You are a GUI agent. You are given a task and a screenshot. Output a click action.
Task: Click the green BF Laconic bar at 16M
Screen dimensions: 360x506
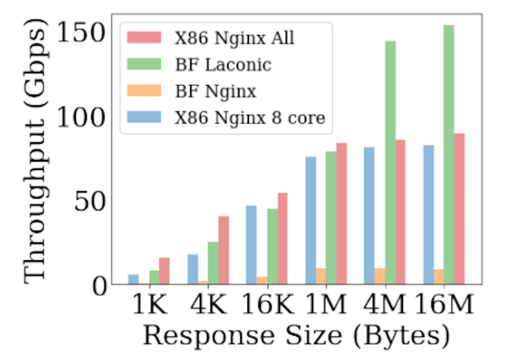(449, 154)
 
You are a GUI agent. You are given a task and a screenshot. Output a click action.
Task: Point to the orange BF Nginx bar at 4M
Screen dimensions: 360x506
(379, 276)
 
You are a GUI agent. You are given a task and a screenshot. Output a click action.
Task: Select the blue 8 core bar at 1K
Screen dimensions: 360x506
(134, 279)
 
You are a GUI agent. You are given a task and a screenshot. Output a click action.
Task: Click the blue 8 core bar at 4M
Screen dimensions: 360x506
(369, 215)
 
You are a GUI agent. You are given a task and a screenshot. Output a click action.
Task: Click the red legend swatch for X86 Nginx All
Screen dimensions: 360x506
(144, 38)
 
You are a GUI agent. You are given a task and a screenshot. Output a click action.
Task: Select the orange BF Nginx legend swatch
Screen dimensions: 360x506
(144, 91)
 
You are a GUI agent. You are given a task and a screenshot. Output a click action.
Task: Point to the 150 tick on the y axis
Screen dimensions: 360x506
(80, 33)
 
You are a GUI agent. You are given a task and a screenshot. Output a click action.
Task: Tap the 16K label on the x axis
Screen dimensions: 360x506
(268, 306)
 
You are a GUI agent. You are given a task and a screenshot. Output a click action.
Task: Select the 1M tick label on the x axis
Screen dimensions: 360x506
(326, 306)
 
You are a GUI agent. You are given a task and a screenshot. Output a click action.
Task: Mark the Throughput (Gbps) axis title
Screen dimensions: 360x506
(35, 154)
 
